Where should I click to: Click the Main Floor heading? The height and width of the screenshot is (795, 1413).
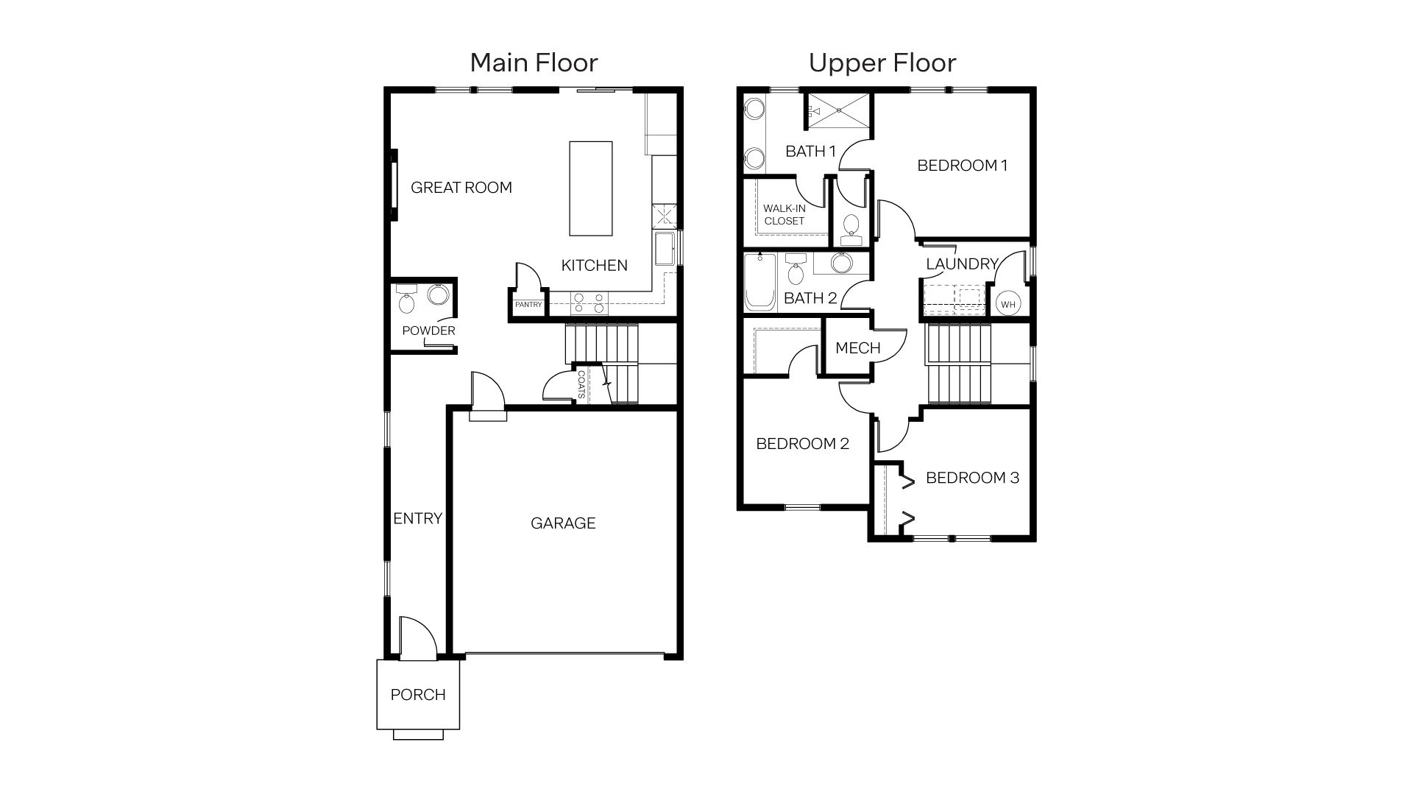click(x=534, y=63)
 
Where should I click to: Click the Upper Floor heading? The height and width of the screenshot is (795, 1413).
click(x=882, y=63)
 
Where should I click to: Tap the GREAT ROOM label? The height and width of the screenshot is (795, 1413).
click(x=461, y=188)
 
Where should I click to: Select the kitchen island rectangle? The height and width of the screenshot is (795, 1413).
click(x=590, y=188)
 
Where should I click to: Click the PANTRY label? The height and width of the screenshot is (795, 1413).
click(x=528, y=305)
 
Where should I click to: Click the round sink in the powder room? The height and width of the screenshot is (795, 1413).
click(x=438, y=294)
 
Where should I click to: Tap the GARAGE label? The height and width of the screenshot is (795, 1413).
click(x=563, y=523)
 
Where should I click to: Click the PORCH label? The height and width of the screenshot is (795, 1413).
click(x=418, y=695)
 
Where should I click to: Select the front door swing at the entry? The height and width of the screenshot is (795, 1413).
click(x=417, y=635)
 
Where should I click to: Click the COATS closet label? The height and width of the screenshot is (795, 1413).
click(x=581, y=384)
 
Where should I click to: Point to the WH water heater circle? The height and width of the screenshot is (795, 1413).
click(x=1007, y=304)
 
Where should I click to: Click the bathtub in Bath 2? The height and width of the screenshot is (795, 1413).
click(x=759, y=283)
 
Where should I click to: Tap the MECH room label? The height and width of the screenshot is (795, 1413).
click(x=857, y=348)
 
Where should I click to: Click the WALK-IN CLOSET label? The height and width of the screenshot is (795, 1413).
click(x=784, y=215)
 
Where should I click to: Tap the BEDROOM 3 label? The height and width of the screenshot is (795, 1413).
click(x=971, y=478)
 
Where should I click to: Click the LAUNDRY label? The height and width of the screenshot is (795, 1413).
click(x=961, y=264)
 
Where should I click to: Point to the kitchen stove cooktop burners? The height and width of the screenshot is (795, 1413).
click(x=589, y=303)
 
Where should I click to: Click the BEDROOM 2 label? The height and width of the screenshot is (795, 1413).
click(x=802, y=444)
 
